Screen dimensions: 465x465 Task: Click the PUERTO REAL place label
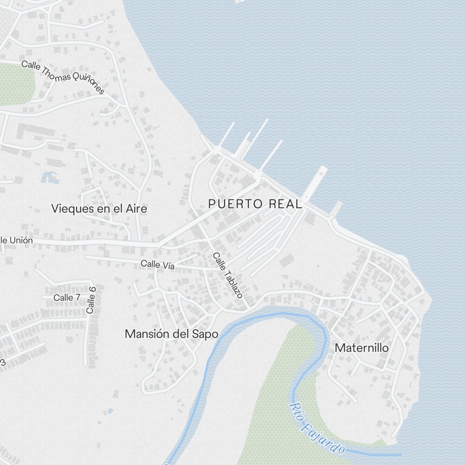tap(255, 204)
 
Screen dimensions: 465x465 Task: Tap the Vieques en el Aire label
tap(100, 209)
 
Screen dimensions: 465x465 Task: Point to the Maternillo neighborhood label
tap(362, 348)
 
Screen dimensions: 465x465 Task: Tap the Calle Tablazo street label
tap(228, 275)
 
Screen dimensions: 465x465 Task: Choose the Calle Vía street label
tap(158, 265)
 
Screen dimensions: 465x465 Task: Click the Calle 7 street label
tap(66, 297)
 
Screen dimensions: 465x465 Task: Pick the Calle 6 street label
tap(91, 299)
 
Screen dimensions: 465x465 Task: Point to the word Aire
tap(137, 209)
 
